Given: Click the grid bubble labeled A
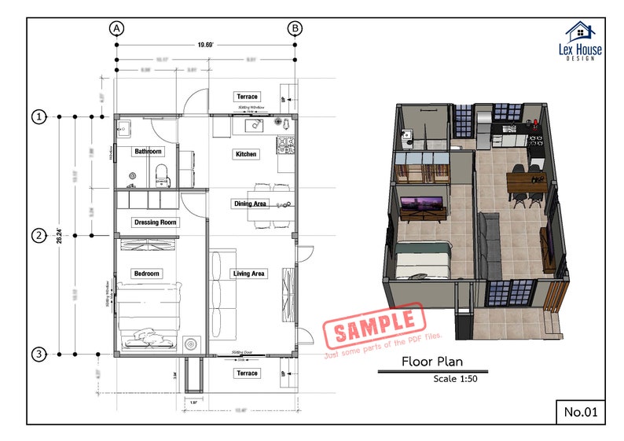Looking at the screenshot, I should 116,28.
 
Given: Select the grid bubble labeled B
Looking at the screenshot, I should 295,28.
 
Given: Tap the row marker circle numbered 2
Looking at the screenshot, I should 38,235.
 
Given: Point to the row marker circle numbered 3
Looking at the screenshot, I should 38,355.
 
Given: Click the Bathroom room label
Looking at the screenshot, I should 148,151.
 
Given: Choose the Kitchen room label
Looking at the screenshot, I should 245,154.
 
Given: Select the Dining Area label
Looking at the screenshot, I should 249,204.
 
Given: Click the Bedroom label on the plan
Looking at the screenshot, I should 146,274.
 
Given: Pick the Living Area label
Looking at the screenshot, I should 248,274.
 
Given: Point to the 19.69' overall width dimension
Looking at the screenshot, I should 206,46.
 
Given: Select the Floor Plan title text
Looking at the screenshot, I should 431,362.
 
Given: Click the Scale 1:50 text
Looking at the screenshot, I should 455,379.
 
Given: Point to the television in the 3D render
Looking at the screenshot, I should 423,208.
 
